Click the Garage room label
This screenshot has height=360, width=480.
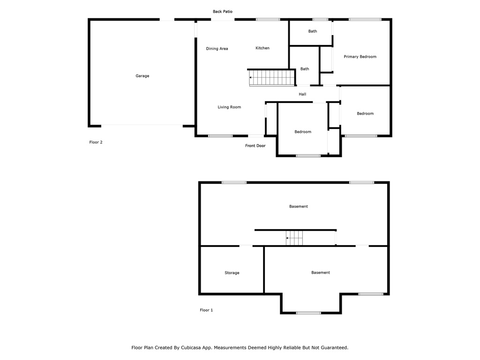pos(142,76)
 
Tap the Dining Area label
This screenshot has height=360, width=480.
pos(217,49)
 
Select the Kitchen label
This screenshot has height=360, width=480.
pos(262,48)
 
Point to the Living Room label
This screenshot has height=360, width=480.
pos(229,107)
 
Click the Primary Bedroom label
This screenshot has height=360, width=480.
pos(360,57)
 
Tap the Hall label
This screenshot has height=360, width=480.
pos(302,94)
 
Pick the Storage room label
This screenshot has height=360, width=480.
pos(232,273)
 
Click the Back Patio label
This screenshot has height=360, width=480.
pos(223,12)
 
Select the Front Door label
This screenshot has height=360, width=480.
pos(255,146)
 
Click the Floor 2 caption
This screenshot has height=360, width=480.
pos(96,142)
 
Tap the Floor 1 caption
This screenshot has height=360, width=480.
pos(206,310)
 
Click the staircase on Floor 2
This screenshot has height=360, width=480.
pos(272,78)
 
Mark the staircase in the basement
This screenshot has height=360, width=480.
pos(294,238)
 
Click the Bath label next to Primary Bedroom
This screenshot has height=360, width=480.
pos(313,31)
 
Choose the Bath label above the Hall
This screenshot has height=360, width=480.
pos(305,69)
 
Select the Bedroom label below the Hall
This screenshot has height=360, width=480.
pos(303,132)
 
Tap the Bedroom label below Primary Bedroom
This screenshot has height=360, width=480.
pos(365,113)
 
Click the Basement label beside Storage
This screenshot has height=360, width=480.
pos(321,272)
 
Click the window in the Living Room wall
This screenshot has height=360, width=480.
pos(220,136)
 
